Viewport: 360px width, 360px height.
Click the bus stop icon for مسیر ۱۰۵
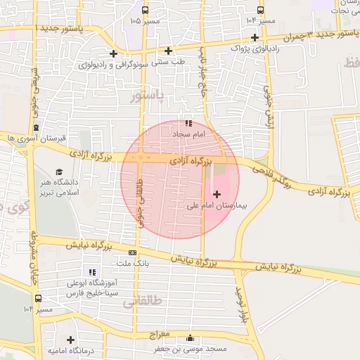[145, 10]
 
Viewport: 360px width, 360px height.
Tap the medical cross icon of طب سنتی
[168, 51]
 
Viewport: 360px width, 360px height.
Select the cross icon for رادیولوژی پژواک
[255, 37]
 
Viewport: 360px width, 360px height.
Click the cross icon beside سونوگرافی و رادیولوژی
[114, 54]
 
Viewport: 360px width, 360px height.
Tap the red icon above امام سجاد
[187, 122]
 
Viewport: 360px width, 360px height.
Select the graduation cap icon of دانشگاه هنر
[60, 172]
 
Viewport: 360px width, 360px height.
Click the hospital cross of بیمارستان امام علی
[216, 193]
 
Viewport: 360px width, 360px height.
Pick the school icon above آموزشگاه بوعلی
[91, 272]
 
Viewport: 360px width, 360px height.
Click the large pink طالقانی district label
[143, 301]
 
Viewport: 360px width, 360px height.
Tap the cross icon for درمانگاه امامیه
[70, 340]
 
